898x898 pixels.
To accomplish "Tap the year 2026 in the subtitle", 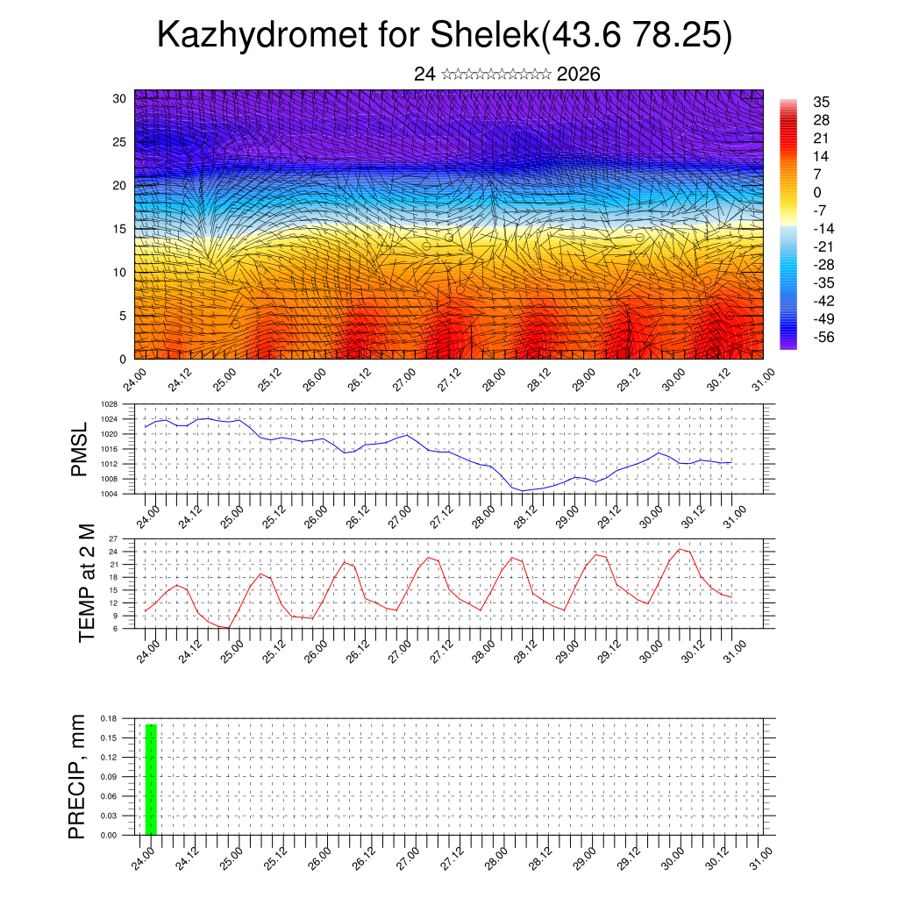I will (578, 75).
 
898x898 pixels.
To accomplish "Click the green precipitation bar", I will (151, 780).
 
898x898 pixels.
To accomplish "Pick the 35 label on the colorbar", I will (822, 103).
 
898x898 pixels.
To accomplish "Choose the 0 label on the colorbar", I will (817, 192).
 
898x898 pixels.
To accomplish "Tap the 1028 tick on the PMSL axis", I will (109, 405).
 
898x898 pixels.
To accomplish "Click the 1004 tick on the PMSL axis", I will (109, 493).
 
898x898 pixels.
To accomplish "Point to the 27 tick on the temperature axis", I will (113, 538).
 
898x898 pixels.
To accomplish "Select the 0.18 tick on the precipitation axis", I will (108, 718).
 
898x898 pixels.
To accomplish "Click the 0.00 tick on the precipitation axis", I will (108, 835).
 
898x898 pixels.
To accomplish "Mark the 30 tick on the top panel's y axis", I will (119, 98).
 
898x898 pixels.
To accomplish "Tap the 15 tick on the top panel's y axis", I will (119, 229).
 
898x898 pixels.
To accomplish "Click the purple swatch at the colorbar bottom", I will (788, 344).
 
